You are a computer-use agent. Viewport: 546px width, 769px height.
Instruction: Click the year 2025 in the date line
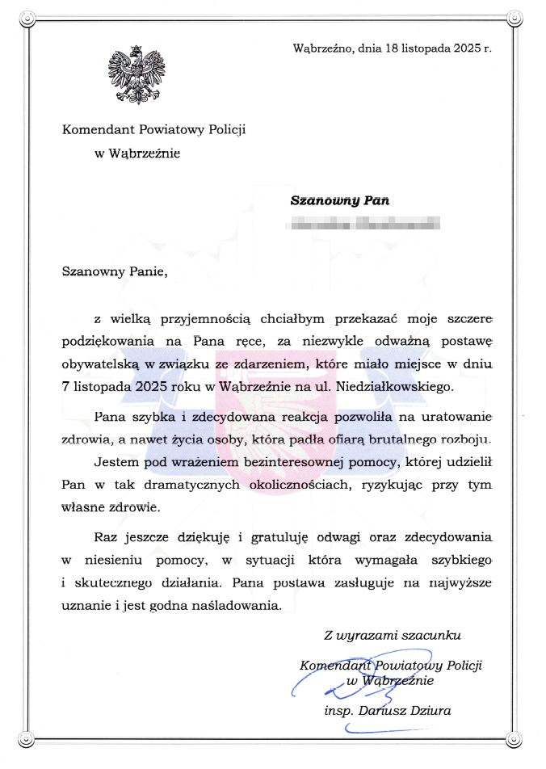tap(463, 48)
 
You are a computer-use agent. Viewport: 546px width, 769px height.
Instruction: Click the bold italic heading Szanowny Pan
tap(339, 200)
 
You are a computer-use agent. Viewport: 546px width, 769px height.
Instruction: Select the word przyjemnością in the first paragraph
tap(206, 316)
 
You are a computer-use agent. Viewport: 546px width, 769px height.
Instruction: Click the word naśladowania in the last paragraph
tap(241, 605)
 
